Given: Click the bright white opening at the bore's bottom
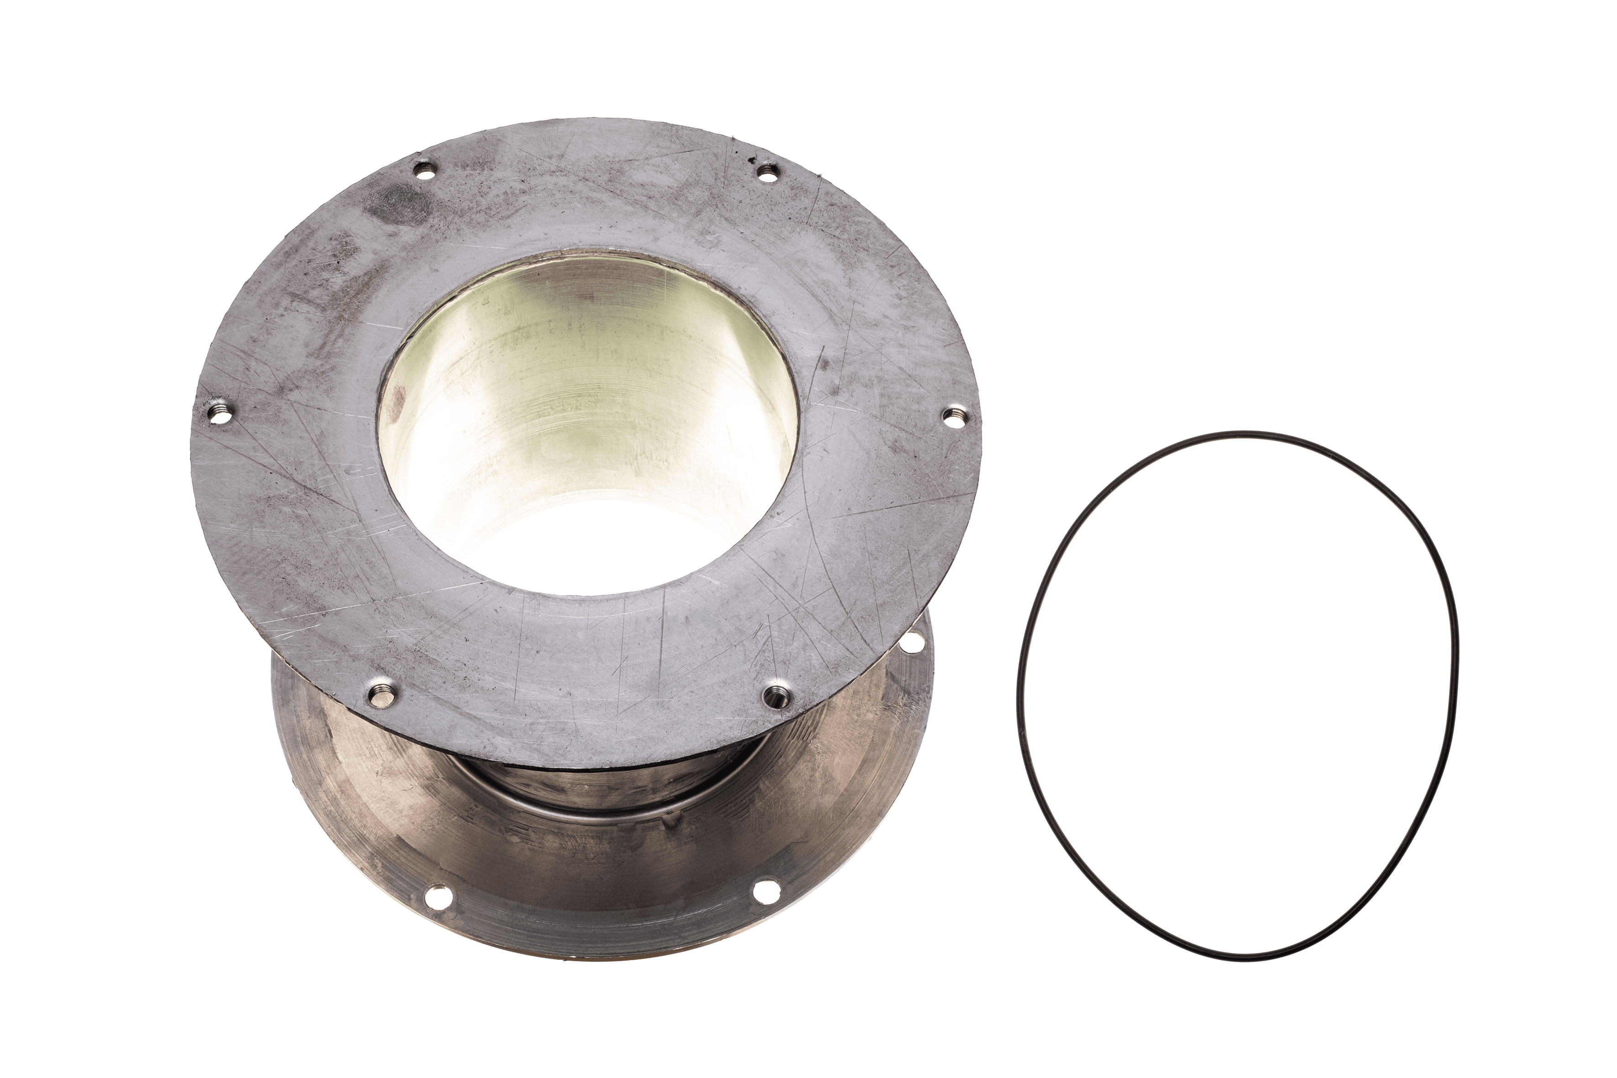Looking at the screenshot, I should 584,543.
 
